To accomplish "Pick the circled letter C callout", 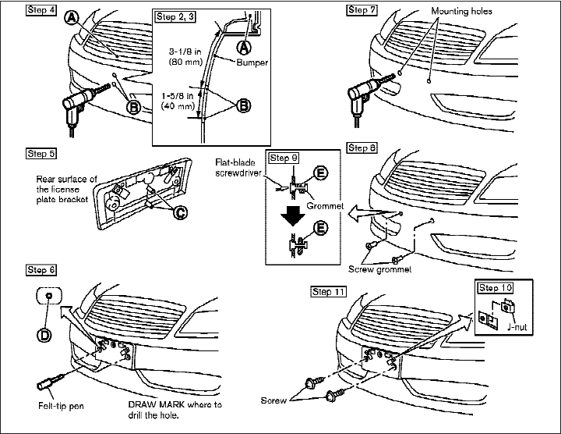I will pyautogui.click(x=179, y=212).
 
